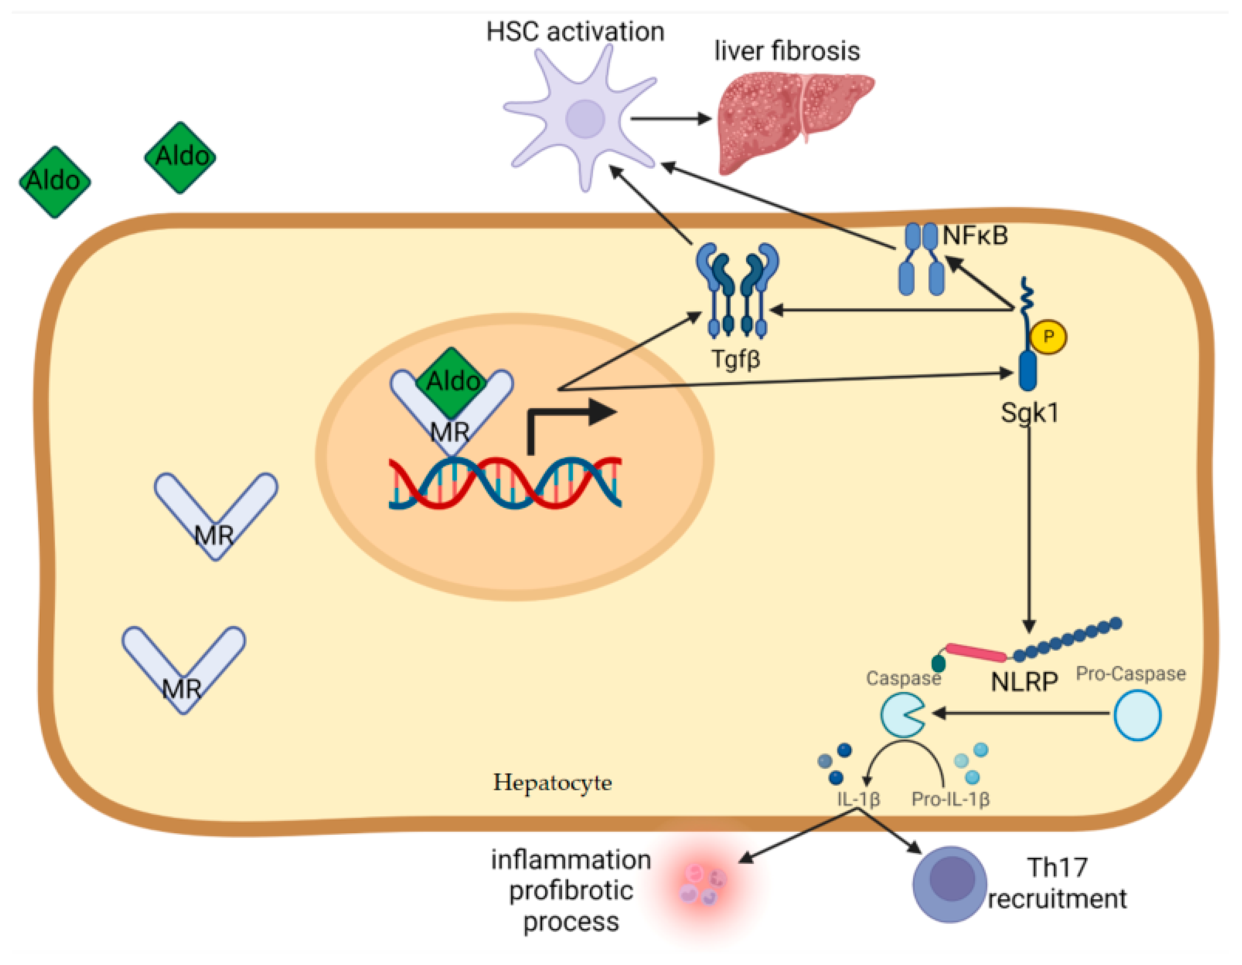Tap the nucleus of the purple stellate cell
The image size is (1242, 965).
[585, 119]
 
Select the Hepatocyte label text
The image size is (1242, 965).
[552, 783]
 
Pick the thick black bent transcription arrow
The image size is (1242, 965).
[569, 418]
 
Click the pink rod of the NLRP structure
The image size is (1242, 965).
[976, 653]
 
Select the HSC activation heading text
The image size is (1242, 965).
[575, 32]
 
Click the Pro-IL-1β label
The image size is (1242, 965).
[950, 799]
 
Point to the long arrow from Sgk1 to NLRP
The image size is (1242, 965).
[1029, 529]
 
